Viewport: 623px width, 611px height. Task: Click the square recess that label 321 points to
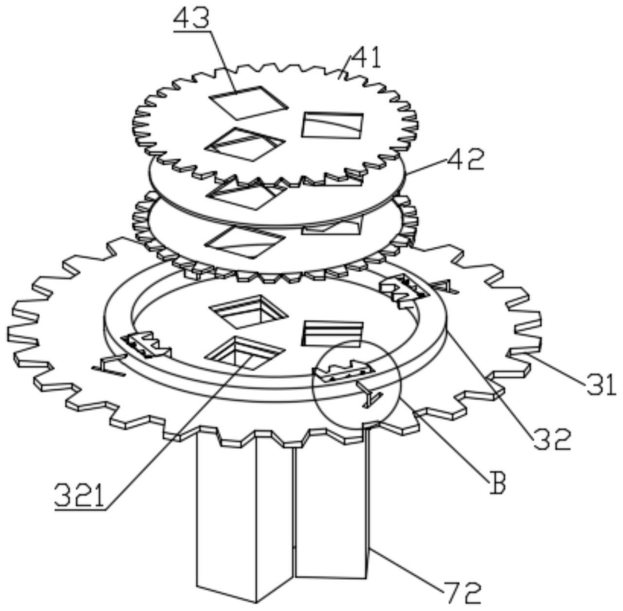point(244,353)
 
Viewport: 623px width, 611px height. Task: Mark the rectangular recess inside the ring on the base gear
point(333,333)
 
